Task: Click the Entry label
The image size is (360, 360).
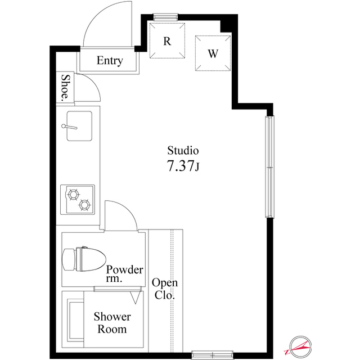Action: pos(109,61)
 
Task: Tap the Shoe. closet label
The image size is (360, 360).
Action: pos(66,88)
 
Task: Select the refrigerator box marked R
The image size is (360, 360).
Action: pos(167,40)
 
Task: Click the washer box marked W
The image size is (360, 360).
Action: pos(213,53)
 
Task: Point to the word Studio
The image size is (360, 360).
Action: pos(183,151)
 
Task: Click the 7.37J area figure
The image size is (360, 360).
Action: pos(183,166)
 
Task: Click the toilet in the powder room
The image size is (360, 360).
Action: pos(83,259)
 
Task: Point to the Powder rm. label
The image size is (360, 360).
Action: pos(124,274)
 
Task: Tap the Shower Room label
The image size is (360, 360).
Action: pos(112,323)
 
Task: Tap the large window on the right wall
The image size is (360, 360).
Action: pos(270,167)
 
